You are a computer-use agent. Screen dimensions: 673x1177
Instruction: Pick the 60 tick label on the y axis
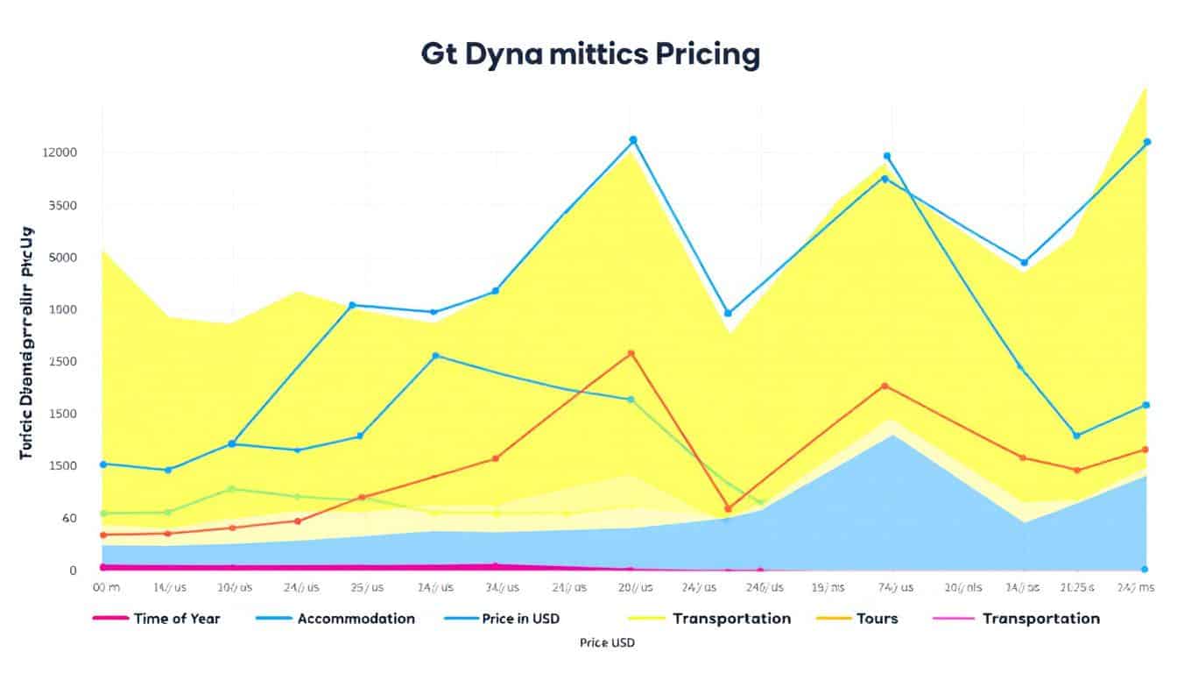(x=67, y=518)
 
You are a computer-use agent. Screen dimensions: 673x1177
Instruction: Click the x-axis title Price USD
(x=607, y=643)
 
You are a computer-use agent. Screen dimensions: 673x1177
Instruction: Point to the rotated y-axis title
(x=26, y=343)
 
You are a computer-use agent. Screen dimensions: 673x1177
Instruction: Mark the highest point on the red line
(x=631, y=353)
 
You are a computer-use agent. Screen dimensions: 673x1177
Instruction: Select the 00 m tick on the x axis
(x=105, y=587)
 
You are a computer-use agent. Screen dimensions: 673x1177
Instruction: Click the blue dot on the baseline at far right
(x=1145, y=570)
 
